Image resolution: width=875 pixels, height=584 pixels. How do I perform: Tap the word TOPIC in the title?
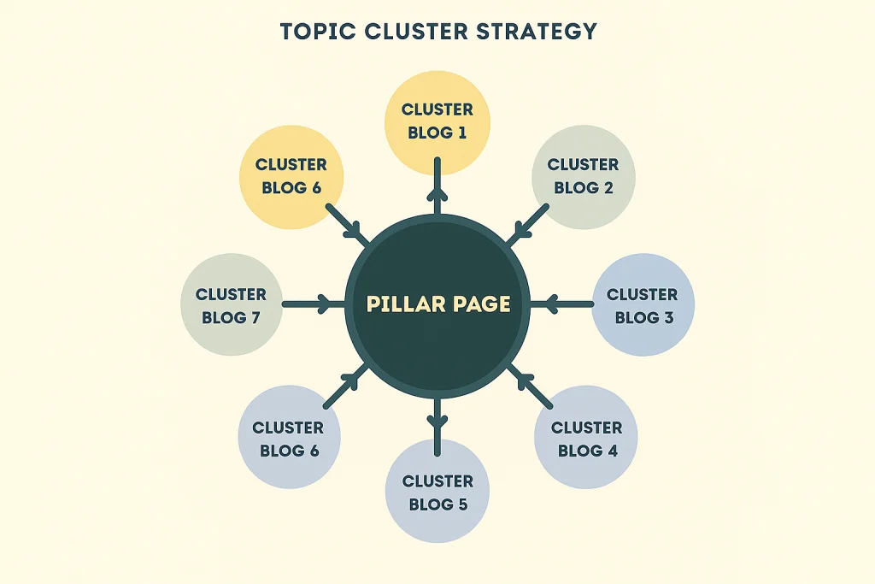coord(312,31)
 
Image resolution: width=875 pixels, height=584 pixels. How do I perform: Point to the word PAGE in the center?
coord(482,304)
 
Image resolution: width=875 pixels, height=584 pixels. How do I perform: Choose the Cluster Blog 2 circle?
coord(584,176)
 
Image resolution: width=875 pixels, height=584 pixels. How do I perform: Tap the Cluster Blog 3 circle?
coord(643,305)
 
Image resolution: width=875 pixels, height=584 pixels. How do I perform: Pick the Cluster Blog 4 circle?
coord(586,438)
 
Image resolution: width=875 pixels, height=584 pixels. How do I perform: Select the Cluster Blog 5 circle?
coord(438,493)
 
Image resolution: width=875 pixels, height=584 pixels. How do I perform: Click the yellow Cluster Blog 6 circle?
coord(291,176)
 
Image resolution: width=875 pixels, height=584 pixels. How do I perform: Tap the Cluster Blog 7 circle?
coord(232,305)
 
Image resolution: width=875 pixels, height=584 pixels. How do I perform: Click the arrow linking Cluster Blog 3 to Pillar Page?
coord(568,303)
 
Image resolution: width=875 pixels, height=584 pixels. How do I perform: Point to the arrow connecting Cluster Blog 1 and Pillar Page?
coord(437,186)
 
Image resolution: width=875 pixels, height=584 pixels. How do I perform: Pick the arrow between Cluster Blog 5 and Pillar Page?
coord(437,421)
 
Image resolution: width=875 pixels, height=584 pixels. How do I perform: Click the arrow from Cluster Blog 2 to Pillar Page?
coord(529,224)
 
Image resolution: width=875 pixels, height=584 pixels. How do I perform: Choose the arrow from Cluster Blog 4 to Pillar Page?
coord(531,384)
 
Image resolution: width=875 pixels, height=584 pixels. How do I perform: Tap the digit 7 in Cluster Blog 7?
coord(254,317)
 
